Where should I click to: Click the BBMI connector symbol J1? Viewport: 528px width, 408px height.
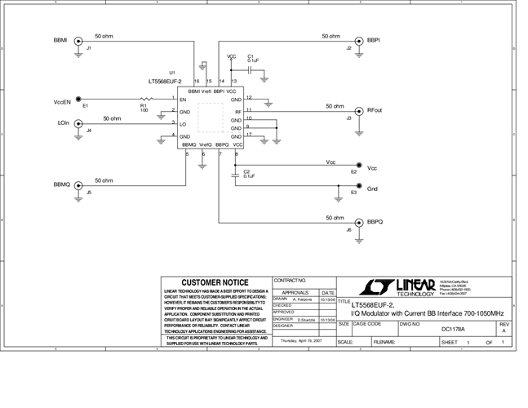point(79,41)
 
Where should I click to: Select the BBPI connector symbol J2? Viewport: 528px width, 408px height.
point(358,40)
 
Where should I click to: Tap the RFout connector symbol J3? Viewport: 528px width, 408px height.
point(357,110)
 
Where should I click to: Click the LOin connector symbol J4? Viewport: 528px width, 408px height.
point(79,124)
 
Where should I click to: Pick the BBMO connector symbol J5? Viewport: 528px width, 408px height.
point(79,185)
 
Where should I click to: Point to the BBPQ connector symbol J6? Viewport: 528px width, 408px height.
point(357,222)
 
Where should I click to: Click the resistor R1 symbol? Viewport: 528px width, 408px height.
point(144,100)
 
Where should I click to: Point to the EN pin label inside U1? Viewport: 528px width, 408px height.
point(184,100)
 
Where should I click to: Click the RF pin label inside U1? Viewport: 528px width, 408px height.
point(237,111)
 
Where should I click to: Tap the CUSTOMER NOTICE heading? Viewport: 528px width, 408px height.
point(215,282)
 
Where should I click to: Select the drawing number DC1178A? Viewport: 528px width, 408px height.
point(452,329)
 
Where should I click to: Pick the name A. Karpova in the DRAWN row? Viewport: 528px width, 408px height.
point(304,299)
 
